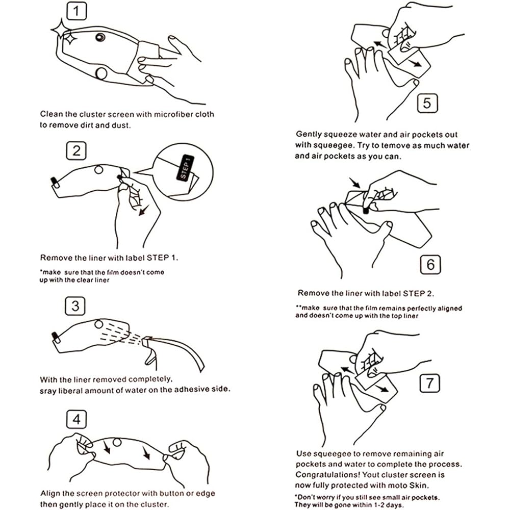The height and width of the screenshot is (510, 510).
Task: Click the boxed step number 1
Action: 76,11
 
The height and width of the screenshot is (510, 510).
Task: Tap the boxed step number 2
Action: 76,150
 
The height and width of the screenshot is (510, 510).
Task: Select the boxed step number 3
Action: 75,305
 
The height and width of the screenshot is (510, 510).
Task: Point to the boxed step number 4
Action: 76,419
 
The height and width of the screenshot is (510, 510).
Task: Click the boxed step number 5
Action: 427,104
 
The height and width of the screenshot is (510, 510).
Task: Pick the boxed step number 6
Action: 430,264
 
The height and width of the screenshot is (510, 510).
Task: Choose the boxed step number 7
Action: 430,383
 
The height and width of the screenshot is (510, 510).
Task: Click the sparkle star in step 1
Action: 61,31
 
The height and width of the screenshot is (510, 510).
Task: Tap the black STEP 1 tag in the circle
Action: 185,168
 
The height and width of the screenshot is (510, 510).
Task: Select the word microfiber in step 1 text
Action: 173,114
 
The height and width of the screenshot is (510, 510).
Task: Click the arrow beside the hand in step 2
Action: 143,210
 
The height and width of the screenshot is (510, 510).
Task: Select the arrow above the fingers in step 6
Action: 355,183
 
